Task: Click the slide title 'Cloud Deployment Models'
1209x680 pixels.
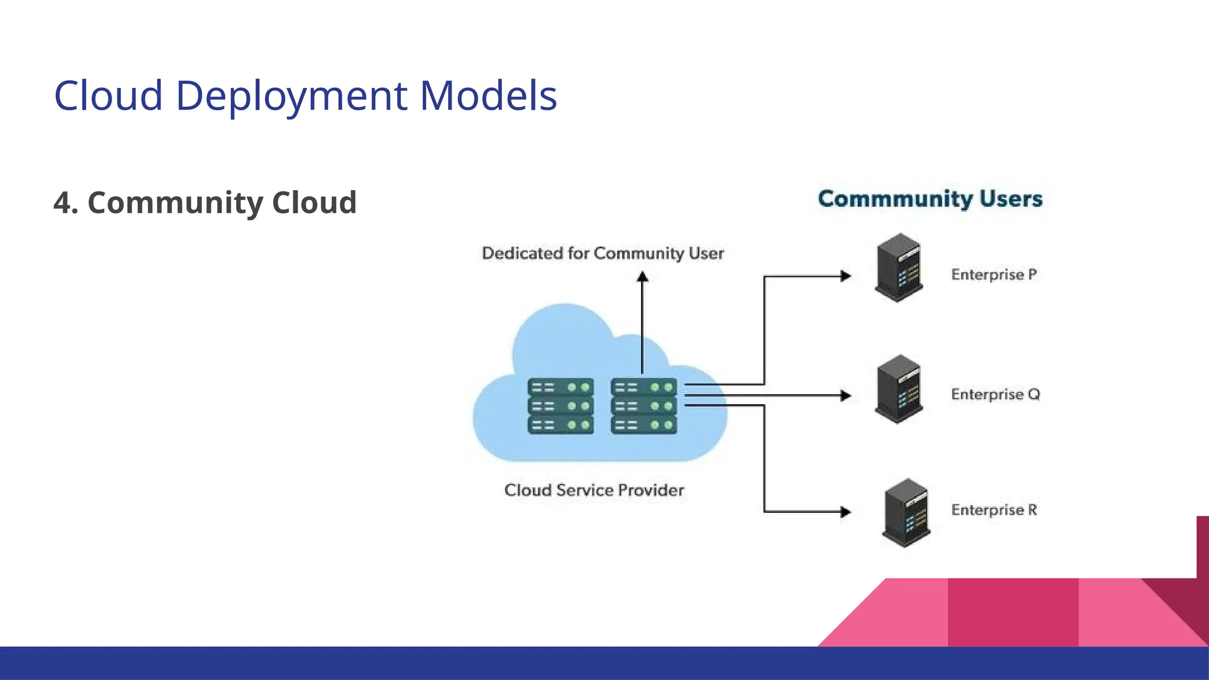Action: pyautogui.click(x=305, y=96)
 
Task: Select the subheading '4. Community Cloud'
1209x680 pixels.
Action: pyautogui.click(x=205, y=202)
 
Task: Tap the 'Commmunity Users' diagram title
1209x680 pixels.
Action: pyautogui.click(x=930, y=199)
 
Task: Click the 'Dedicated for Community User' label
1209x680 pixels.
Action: pyautogui.click(x=603, y=253)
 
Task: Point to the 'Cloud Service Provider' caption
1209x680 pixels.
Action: pyautogui.click(x=594, y=490)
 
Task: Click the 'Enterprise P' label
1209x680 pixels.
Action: pyautogui.click(x=994, y=274)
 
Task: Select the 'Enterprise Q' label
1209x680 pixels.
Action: pyautogui.click(x=995, y=394)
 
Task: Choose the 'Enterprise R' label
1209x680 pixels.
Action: pyautogui.click(x=994, y=509)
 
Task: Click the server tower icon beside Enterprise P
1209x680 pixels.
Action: pyautogui.click(x=898, y=267)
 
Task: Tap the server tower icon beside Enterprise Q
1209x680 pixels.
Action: pyautogui.click(x=898, y=388)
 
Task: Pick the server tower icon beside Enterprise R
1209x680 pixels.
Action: pyautogui.click(x=906, y=512)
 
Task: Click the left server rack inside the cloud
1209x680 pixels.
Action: pyautogui.click(x=560, y=406)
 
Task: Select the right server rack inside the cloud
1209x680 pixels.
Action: pyautogui.click(x=644, y=406)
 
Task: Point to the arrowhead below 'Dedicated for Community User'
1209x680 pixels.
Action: pyautogui.click(x=642, y=276)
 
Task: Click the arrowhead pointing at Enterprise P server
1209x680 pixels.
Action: pyautogui.click(x=845, y=276)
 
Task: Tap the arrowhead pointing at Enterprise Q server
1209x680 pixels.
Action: pyautogui.click(x=845, y=395)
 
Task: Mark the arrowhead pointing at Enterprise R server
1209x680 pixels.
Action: pyautogui.click(x=845, y=512)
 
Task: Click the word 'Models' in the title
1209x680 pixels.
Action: pyautogui.click(x=488, y=96)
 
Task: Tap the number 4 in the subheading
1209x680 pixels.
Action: pyautogui.click(x=62, y=202)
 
